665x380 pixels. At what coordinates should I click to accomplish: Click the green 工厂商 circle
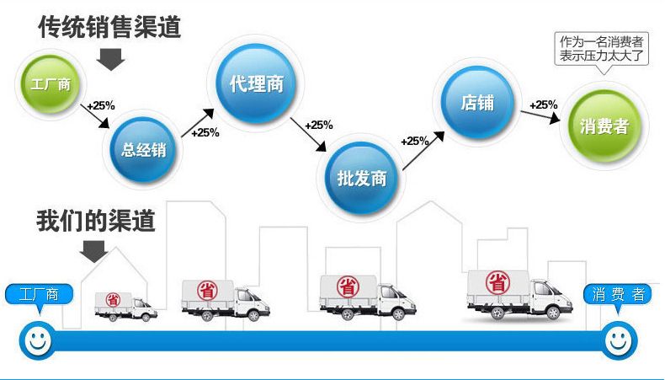[51, 84]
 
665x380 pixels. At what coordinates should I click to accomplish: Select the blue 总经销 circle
[143, 150]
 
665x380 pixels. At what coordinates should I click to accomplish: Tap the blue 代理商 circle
[256, 84]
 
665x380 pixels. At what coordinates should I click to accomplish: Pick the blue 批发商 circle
[362, 178]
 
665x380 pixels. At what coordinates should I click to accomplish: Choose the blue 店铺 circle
[477, 102]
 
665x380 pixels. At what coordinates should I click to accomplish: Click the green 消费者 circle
[604, 126]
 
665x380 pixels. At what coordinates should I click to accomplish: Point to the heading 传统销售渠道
[109, 27]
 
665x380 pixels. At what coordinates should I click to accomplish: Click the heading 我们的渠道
[96, 221]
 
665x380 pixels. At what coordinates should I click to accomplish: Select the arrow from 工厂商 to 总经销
[95, 116]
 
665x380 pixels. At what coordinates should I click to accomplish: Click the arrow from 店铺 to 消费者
[540, 116]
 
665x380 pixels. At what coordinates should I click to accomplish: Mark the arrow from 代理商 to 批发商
[308, 134]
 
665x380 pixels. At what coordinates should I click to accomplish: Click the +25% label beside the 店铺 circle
[543, 104]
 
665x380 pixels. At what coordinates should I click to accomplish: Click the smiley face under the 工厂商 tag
[37, 340]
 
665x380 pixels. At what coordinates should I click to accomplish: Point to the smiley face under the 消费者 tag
[619, 340]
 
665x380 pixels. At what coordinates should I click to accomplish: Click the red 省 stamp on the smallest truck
[113, 300]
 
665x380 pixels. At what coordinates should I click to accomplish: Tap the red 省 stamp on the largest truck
[497, 283]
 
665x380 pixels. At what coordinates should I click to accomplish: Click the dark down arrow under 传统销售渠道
[110, 59]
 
